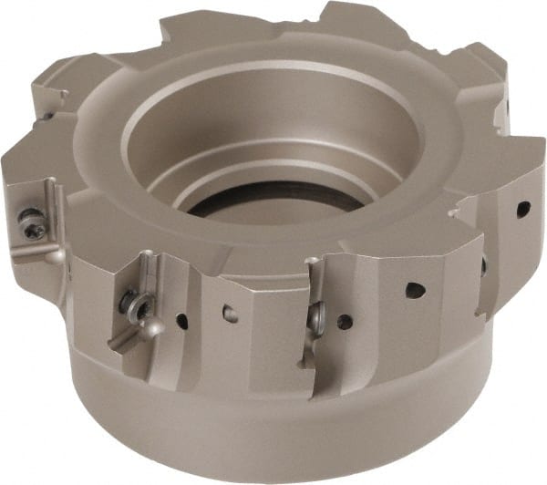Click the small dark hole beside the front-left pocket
click(182, 321)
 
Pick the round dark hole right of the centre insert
click(344, 321)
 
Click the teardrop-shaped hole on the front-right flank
click(415, 291)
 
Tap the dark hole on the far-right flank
click(523, 209)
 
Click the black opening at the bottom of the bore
click(273, 196)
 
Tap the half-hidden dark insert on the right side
click(484, 265)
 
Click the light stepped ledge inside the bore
click(273, 164)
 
